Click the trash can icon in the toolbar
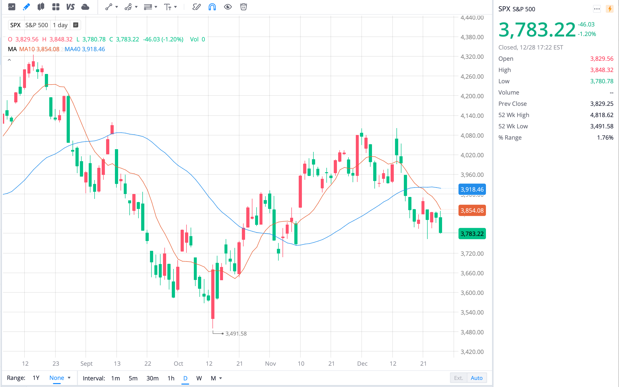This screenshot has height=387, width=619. point(243,7)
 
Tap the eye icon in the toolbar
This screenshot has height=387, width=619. point(228,7)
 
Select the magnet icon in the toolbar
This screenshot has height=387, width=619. point(212,7)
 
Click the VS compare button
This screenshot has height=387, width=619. point(70,7)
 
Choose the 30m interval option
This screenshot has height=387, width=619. point(152,378)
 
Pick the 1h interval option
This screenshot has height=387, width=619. point(171,378)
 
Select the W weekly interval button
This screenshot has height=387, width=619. point(199,378)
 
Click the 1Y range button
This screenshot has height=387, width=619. point(36,378)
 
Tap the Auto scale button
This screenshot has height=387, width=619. point(476,378)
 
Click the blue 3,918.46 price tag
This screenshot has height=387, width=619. point(472,189)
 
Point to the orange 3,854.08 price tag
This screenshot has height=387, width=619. point(472,210)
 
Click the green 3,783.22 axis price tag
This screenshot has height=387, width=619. point(472,234)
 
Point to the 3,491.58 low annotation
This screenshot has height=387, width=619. point(236,334)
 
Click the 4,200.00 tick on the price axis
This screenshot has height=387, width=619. point(472,96)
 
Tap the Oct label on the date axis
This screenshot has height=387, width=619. point(178,363)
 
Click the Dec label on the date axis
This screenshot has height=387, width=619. point(362,363)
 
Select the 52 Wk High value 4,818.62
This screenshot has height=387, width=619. point(602,115)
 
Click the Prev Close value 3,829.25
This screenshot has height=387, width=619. point(602,104)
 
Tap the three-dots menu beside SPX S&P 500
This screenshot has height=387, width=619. point(597,9)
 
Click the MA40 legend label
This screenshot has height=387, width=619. point(73,49)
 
